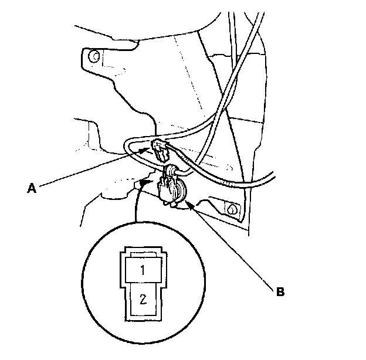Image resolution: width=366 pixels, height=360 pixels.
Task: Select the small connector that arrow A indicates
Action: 161,151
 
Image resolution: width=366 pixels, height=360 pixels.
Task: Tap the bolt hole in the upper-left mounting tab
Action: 93,56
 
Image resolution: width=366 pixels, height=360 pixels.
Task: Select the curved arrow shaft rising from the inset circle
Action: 135,205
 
